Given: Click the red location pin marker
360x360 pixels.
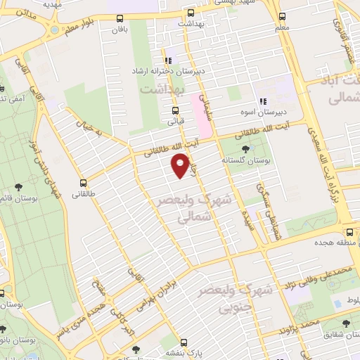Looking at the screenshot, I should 181,165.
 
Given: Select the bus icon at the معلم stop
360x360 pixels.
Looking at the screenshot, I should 282,15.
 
